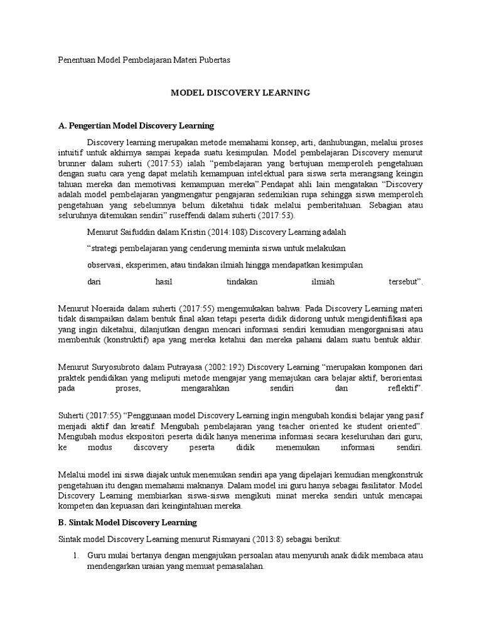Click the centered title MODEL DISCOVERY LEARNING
(x=241, y=92)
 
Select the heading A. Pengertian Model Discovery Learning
(x=136, y=126)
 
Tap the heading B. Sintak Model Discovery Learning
(x=127, y=522)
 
